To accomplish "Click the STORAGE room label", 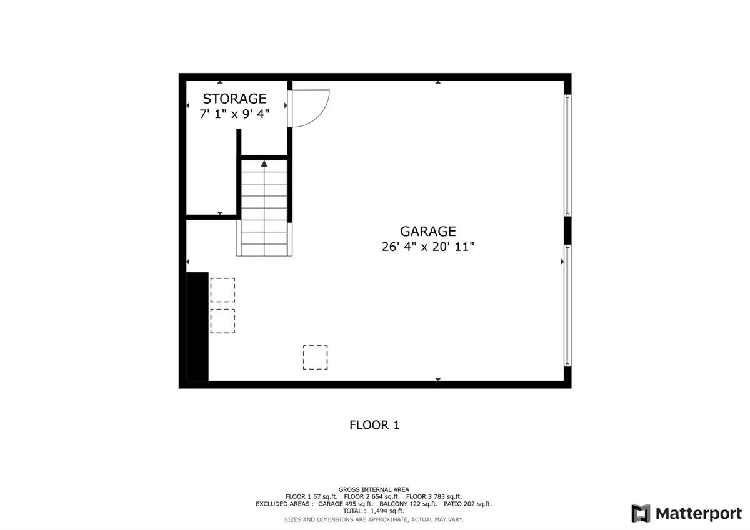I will [234, 99].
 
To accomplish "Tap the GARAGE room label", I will [428, 232].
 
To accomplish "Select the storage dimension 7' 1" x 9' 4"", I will [234, 114].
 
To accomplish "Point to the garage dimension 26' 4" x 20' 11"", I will [428, 247].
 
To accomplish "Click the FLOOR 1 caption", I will [374, 425].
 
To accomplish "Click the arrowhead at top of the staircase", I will [264, 164].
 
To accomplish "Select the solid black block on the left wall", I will [197, 326].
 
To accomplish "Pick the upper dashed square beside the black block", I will [222, 290].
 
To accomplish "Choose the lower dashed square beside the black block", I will [222, 321].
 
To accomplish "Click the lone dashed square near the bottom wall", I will [315, 357].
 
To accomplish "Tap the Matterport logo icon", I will [641, 513].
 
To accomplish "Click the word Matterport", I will [698, 513].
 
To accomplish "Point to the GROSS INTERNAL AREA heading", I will [374, 489].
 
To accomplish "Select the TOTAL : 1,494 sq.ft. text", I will [374, 511].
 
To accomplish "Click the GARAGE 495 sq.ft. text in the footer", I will [346, 504].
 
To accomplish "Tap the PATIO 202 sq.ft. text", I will [468, 504].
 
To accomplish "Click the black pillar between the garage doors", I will [567, 230].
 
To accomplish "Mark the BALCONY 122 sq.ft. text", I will [408, 504].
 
